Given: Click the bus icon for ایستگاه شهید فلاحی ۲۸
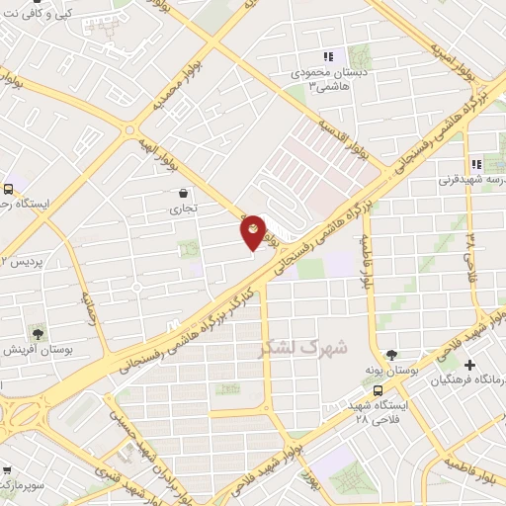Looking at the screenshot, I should click(x=379, y=389).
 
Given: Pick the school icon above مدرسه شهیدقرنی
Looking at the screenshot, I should click(x=476, y=165).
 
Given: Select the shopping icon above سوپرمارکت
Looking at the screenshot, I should click(x=7, y=470).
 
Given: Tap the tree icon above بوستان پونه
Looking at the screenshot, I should click(x=392, y=354).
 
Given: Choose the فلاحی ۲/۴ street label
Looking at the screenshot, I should click(x=471, y=254).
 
